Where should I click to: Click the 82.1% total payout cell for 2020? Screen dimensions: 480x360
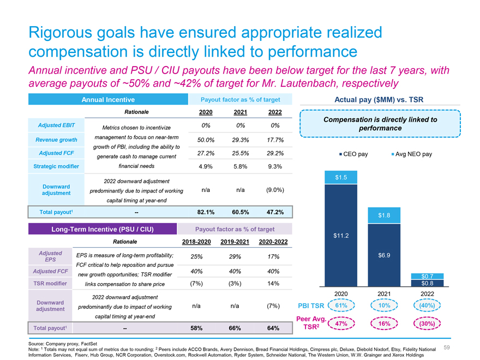[x=206, y=212]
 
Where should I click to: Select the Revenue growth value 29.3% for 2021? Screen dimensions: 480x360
[x=241, y=140]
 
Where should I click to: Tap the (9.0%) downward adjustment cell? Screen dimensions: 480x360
[x=275, y=190]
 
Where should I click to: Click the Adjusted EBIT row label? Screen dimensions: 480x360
[x=56, y=125]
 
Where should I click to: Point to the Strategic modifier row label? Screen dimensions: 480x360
[x=56, y=166]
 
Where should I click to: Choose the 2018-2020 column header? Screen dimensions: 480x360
[x=196, y=242]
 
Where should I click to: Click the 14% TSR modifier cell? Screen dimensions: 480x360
[x=273, y=284]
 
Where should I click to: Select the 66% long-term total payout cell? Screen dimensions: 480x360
[x=235, y=328]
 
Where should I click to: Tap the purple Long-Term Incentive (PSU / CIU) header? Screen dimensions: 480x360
[x=103, y=229]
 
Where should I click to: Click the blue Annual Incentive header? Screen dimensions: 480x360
[x=108, y=99]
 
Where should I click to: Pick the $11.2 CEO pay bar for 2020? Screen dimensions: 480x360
[x=341, y=236]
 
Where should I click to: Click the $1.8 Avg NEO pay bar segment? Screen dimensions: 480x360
[x=384, y=215]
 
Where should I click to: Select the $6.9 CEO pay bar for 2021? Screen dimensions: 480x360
[x=384, y=255]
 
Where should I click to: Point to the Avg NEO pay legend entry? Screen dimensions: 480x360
[x=412, y=154]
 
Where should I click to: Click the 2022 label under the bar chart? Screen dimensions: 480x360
[x=427, y=294]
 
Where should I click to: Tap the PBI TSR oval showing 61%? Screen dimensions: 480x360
[x=341, y=305]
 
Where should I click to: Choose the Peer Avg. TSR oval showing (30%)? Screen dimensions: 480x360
[x=427, y=323]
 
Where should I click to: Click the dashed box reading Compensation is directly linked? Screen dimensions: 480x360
[x=380, y=123]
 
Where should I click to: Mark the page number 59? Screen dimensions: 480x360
[x=447, y=347]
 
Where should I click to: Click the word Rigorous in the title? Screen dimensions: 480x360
[x=61, y=33]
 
